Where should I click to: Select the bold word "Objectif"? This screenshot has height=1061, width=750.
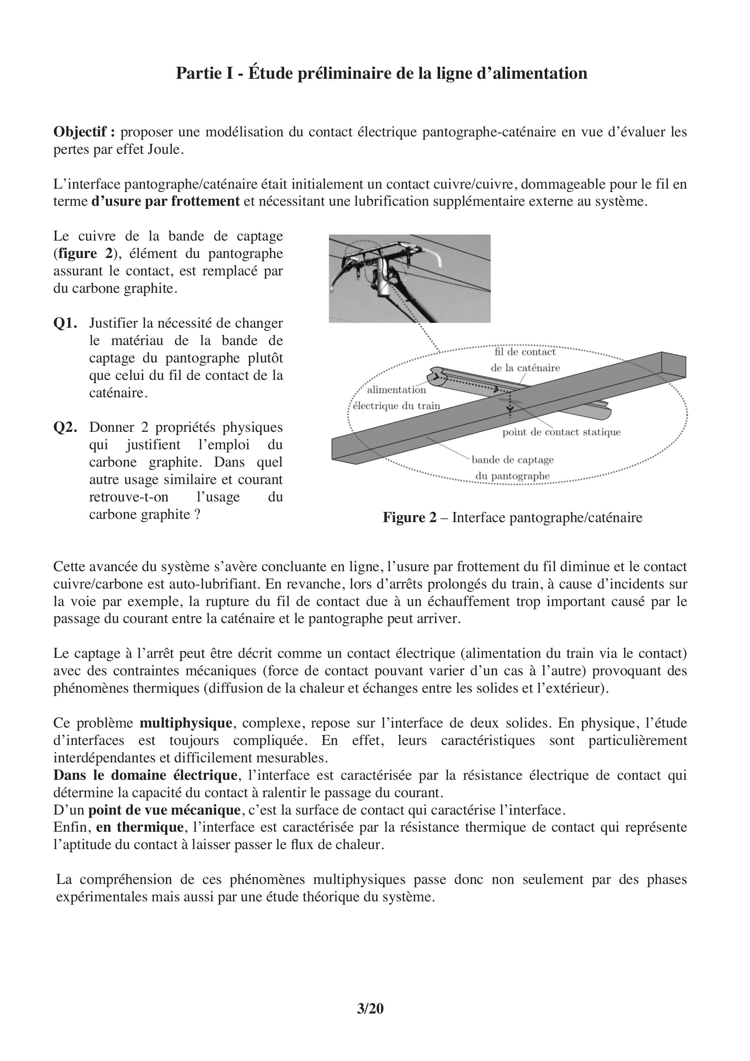click(x=84, y=132)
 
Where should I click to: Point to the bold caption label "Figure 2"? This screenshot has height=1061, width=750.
click(x=409, y=517)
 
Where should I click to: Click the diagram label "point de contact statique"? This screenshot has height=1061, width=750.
click(x=561, y=432)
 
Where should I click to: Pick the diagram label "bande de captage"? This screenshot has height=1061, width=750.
click(x=512, y=460)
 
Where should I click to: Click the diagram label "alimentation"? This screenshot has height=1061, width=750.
click(x=397, y=390)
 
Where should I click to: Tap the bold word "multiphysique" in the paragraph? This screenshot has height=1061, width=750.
click(x=186, y=723)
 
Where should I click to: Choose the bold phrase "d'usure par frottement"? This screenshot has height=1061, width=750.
click(x=165, y=201)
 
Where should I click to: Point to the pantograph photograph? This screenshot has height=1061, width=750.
click(x=409, y=278)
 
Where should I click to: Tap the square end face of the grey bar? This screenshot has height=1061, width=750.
click(x=673, y=365)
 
